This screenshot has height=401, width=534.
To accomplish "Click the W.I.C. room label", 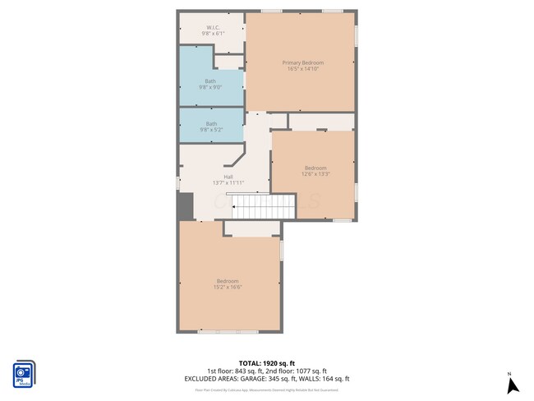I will click(x=211, y=27).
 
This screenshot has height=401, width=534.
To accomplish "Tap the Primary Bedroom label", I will click(x=302, y=62).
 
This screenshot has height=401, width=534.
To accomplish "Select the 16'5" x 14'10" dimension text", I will click(x=302, y=69).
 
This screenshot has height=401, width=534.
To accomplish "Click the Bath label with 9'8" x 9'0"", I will click(x=211, y=81).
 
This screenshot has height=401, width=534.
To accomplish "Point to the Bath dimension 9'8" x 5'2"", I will click(x=211, y=130).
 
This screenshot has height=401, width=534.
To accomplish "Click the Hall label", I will click(x=228, y=177).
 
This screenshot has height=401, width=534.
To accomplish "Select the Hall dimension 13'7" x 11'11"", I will click(x=228, y=182).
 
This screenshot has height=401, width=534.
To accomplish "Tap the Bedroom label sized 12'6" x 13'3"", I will click(x=315, y=168).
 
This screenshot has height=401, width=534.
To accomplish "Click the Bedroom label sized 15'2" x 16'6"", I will click(x=228, y=281).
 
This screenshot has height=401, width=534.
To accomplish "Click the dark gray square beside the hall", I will click(x=185, y=205).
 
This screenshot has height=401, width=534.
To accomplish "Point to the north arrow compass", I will click(x=510, y=385).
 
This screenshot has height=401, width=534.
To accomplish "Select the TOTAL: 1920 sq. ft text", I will click(x=267, y=362).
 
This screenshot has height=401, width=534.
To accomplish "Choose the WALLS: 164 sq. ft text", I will click(x=329, y=379).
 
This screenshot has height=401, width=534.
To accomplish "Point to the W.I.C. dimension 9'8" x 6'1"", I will click(x=211, y=34).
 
